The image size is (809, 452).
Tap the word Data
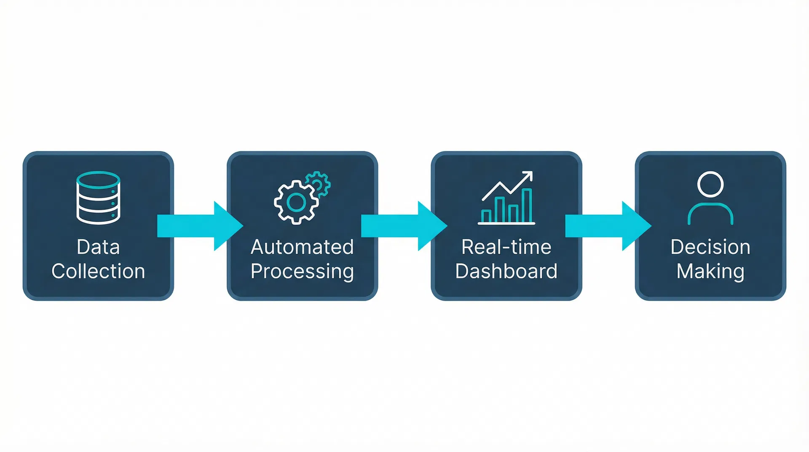(98, 247)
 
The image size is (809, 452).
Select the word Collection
(98, 271)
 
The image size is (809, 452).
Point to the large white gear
(296, 203)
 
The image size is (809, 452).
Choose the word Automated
(302, 247)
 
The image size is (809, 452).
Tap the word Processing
(302, 271)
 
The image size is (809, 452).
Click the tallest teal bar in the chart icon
(527, 205)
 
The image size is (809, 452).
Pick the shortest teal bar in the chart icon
(486, 216)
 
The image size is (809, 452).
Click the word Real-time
(506, 247)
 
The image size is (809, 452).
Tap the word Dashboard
(506, 271)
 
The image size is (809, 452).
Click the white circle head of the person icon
(710, 184)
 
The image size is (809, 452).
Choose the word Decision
(710, 247)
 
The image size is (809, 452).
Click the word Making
(710, 271)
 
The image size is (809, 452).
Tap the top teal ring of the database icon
(98, 179)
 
